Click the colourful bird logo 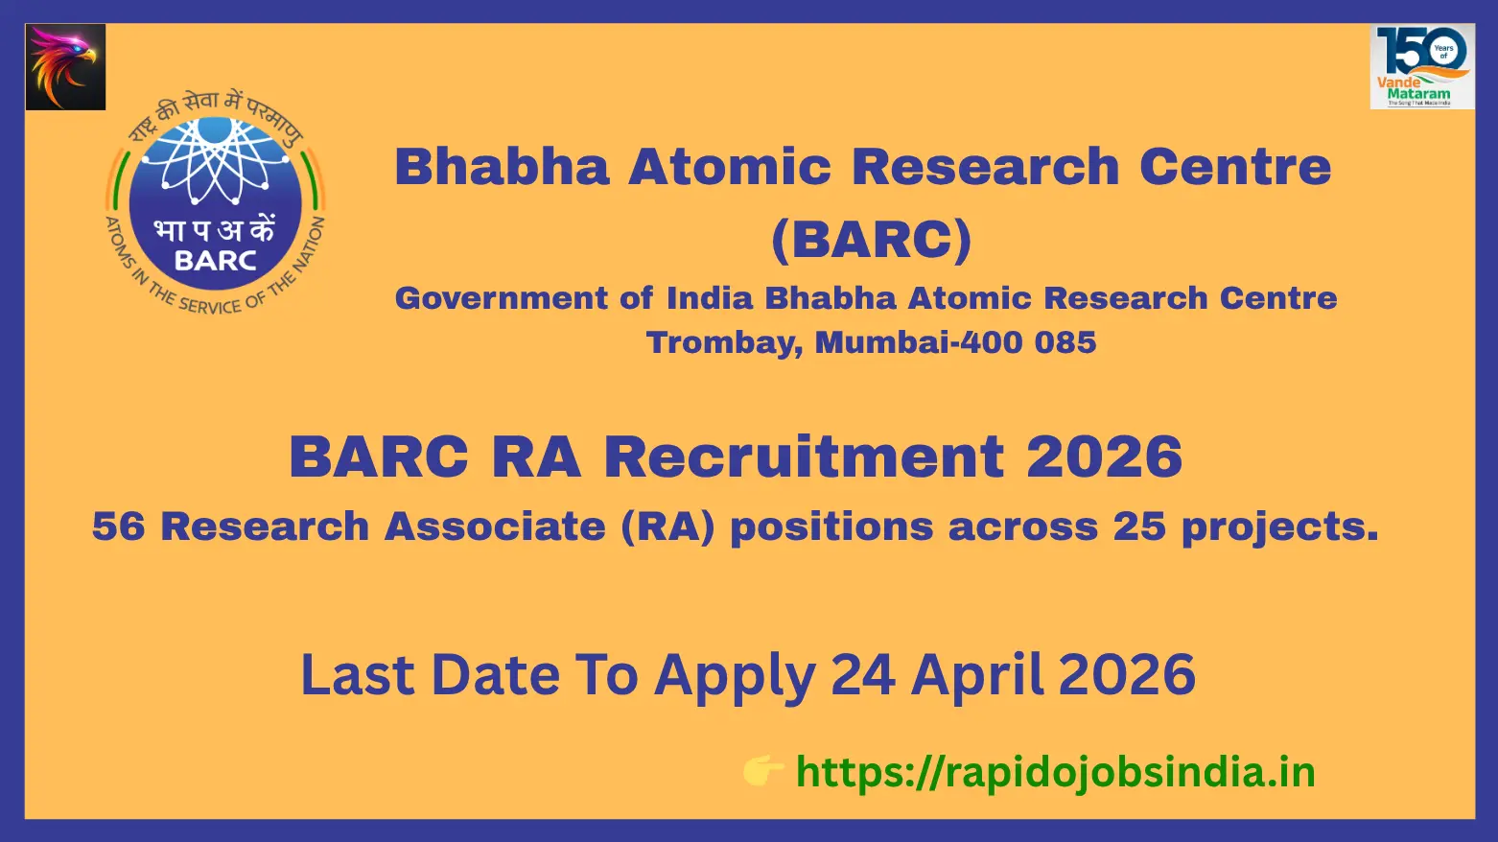click(65, 67)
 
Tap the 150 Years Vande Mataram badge click(1422, 67)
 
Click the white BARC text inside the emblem click(216, 261)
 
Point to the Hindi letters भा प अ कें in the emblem click(215, 230)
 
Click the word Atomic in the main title click(730, 167)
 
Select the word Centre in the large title click(1235, 167)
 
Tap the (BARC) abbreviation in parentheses click(871, 240)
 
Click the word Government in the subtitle click(501, 298)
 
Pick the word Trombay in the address click(725, 343)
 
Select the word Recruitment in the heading click(804, 456)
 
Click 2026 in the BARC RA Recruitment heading click(1104, 456)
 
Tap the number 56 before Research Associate click(118, 526)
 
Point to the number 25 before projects click(1139, 526)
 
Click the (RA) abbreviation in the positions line click(667, 527)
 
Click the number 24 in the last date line click(863, 675)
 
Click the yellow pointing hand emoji click(763, 771)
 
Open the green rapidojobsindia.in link click(1056, 772)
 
